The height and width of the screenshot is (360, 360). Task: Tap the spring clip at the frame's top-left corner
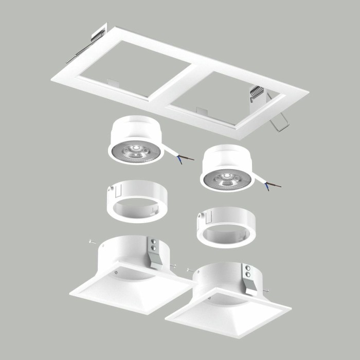click(x=98, y=34)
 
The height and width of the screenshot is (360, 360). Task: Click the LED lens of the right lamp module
click(x=226, y=178)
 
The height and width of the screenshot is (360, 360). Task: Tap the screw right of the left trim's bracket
click(x=174, y=265)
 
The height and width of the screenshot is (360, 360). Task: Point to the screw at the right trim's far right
click(x=266, y=292)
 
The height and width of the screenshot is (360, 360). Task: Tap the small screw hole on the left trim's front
click(x=118, y=272)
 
